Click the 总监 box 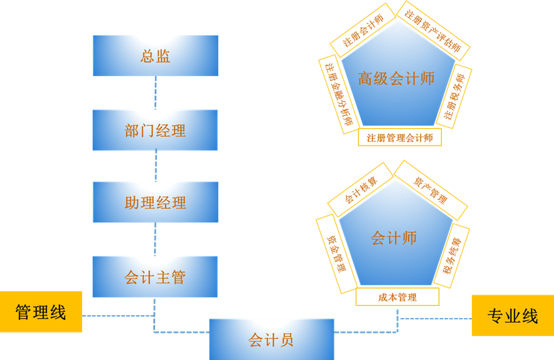[x=156, y=56]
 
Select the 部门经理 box [x=155, y=130]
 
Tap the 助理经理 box [x=156, y=202]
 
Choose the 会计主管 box [x=155, y=277]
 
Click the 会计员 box [x=271, y=340]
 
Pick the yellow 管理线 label [x=41, y=312]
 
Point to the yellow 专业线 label [x=513, y=316]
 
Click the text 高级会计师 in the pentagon [x=396, y=79]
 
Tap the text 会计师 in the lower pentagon [x=394, y=238]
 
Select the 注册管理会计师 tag [x=400, y=138]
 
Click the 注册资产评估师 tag [x=433, y=30]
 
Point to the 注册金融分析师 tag [x=339, y=95]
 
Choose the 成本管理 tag [x=397, y=297]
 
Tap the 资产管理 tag [x=431, y=190]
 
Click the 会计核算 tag [x=360, y=190]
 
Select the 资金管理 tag [x=336, y=253]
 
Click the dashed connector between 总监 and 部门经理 [x=156, y=93]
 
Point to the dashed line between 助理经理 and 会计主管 [x=156, y=239]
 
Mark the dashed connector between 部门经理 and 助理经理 [x=156, y=166]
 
